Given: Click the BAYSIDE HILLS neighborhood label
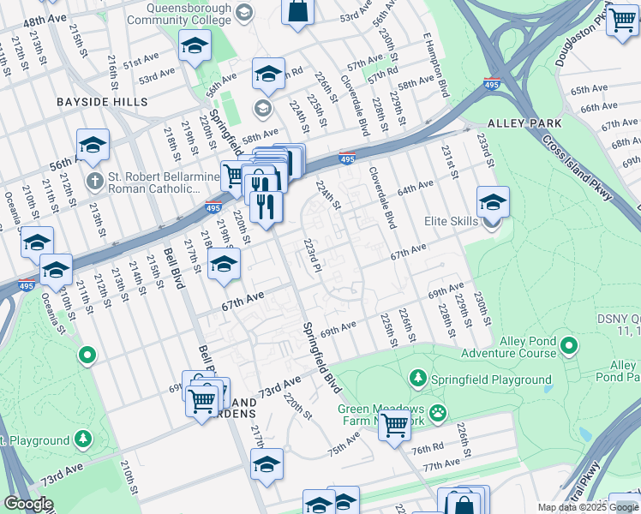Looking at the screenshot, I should pyautogui.click(x=102, y=102).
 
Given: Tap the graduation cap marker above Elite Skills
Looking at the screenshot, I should pyautogui.click(x=493, y=203).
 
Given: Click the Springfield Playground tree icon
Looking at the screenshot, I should pyautogui.click(x=417, y=378).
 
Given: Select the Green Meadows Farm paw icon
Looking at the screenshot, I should pyautogui.click(x=438, y=413).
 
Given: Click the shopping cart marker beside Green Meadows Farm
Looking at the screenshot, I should pyautogui.click(x=394, y=424).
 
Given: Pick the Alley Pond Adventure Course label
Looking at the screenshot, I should pyautogui.click(x=507, y=347).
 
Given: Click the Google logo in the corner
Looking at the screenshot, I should pyautogui.click(x=28, y=504).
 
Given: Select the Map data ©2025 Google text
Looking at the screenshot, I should pyautogui.click(x=586, y=507).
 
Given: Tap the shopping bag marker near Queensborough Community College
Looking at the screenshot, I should pyautogui.click(x=297, y=12).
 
